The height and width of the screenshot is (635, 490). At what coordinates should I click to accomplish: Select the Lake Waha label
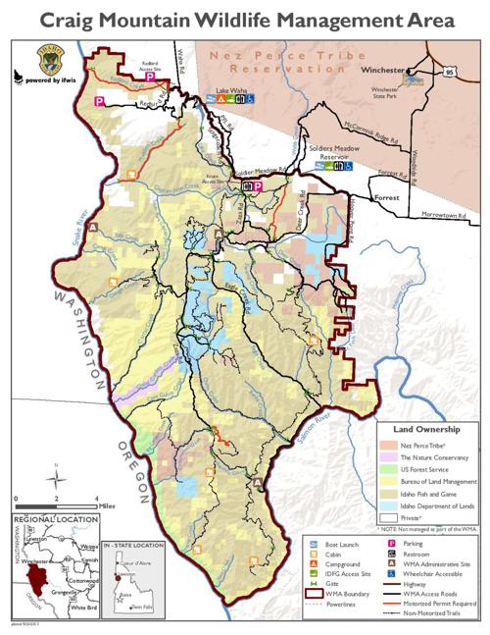click(x=230, y=89)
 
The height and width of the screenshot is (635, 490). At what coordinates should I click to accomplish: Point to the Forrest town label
click(x=388, y=197)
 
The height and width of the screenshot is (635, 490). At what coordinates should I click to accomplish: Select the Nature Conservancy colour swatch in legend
click(x=389, y=458)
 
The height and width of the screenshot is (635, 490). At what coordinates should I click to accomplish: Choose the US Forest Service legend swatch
click(x=389, y=472)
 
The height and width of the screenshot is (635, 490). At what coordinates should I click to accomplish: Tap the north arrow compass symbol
click(x=57, y=480)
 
